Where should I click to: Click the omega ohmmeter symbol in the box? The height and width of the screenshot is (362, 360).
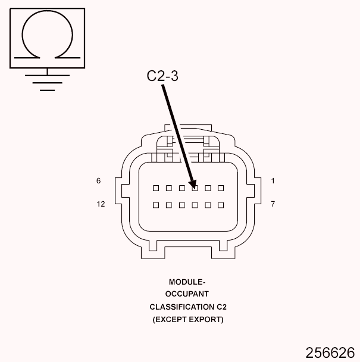(47, 36)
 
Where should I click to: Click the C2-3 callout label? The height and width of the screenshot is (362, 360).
(162, 76)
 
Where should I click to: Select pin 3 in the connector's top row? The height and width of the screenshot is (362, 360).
(195, 188)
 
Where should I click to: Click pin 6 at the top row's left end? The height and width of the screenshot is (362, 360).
(156, 188)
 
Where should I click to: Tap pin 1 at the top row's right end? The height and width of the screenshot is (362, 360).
(221, 188)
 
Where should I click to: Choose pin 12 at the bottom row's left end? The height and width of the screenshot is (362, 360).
(156, 205)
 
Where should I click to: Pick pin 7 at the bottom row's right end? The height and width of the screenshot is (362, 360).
(221, 205)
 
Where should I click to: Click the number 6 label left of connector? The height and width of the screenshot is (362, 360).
(98, 180)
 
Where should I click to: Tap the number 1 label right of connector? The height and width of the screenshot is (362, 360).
(273, 180)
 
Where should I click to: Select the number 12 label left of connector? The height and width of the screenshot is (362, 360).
(101, 204)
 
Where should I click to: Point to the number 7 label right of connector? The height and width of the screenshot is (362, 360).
(273, 204)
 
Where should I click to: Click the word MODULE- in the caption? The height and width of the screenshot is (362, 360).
(187, 282)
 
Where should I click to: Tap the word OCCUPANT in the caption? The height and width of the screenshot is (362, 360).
(187, 295)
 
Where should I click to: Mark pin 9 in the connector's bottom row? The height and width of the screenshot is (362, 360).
(195, 205)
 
